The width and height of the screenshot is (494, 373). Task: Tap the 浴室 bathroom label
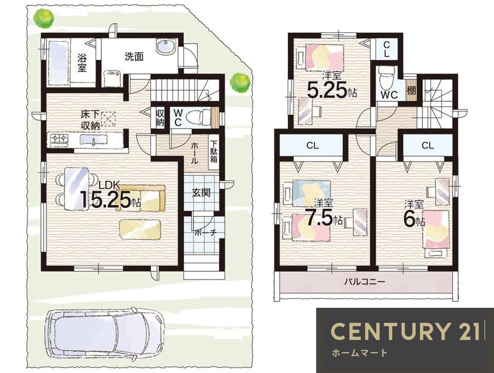[x=82, y=63]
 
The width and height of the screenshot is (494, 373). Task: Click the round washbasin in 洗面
[x=165, y=47]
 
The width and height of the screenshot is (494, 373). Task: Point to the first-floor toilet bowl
[x=197, y=118]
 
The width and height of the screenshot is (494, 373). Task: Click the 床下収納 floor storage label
[x=91, y=120]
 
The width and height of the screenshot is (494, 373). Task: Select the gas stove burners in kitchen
[x=59, y=139]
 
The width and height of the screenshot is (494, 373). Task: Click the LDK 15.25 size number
[x=106, y=199]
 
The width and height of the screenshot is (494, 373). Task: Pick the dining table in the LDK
[x=76, y=189]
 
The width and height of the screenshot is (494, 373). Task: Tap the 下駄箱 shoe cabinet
[x=213, y=152]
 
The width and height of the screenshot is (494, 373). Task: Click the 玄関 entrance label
[x=202, y=193]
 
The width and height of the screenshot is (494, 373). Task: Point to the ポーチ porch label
[x=206, y=233]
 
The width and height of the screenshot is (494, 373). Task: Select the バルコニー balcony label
[x=364, y=281]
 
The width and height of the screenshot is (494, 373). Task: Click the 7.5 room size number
[x=320, y=216]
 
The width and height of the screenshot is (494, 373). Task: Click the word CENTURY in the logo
[x=390, y=331]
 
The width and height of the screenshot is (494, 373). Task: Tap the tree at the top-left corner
[x=44, y=18]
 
